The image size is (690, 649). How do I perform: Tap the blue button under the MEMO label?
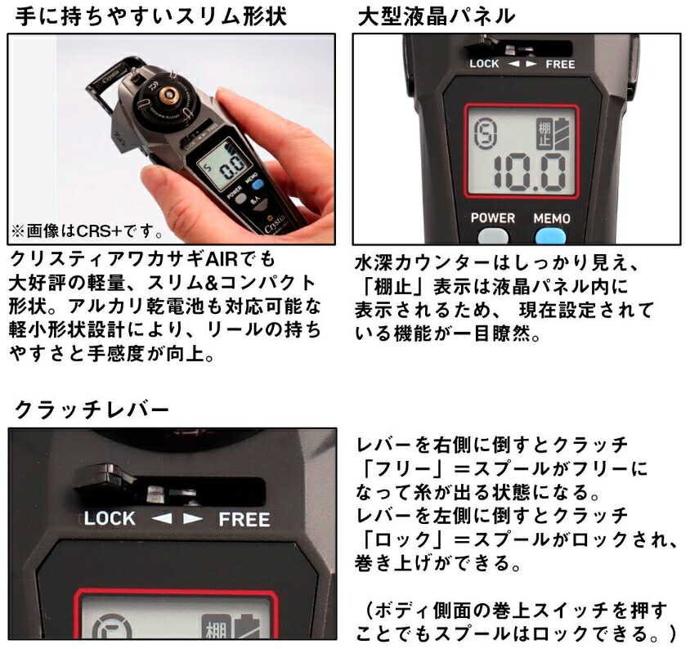tap(551, 237)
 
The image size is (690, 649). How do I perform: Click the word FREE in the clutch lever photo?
tap(244, 519)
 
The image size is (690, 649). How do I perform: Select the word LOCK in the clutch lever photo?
tap(110, 518)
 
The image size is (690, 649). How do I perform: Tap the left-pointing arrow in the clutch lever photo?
tap(163, 518)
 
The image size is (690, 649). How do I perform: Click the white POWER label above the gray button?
tap(493, 218)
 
